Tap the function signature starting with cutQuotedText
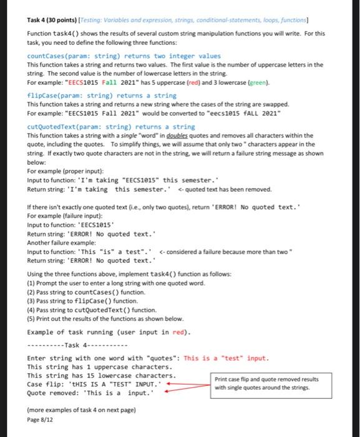pyautogui.click(x=102, y=127)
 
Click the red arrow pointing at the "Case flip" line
pyautogui.click(x=190, y=383)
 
